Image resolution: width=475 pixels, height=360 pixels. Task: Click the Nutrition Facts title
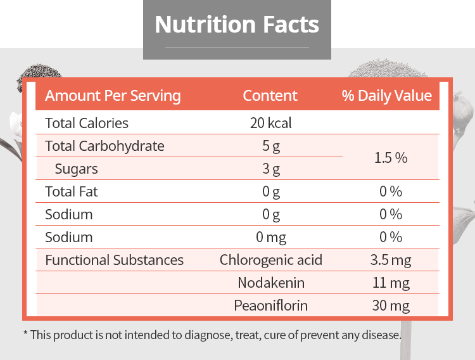point(237,24)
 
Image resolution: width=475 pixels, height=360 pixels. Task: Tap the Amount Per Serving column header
point(113,96)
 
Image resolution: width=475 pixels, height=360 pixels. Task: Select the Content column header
point(270,96)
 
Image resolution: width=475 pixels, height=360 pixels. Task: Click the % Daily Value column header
point(387,96)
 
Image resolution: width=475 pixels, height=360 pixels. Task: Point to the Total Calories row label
point(87,123)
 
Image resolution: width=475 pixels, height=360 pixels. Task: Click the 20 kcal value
point(271,123)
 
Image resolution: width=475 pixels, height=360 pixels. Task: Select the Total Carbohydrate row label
point(104,146)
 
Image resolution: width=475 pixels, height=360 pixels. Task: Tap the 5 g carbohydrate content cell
point(271,146)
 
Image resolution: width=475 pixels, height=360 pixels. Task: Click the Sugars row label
point(77,169)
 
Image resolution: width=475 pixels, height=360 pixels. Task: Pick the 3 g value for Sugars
point(271,169)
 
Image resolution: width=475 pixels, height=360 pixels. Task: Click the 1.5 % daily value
point(391,158)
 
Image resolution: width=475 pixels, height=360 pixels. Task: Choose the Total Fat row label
point(72,191)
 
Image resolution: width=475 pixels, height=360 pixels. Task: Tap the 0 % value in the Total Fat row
point(391,191)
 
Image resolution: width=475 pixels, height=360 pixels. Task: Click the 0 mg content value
point(271,238)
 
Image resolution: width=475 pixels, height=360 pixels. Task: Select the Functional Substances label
point(114,260)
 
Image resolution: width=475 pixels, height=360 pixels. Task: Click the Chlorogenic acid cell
point(271,260)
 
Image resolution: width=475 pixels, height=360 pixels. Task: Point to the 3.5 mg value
point(391,260)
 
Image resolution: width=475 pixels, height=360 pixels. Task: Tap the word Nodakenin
point(271,283)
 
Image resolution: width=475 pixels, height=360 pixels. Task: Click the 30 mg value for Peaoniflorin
point(391,305)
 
